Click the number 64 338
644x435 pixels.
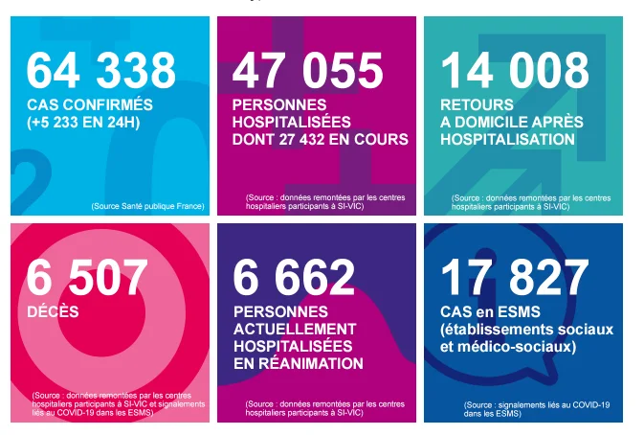[x=101, y=71]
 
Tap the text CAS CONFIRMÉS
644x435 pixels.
[x=90, y=104]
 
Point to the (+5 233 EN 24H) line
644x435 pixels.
[x=83, y=123]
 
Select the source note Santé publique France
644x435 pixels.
[x=148, y=206]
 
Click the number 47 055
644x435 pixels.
[x=307, y=71]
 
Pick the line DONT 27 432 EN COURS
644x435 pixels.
[x=321, y=139]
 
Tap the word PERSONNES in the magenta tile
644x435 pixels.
[x=279, y=104]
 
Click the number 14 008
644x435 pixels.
[x=515, y=71]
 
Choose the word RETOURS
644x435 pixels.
[x=477, y=104]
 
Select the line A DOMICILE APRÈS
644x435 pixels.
[x=512, y=122]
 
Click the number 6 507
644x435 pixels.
[x=87, y=278]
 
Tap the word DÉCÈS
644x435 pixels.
[x=53, y=311]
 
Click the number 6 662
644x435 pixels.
[x=294, y=278]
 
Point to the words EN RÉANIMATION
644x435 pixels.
[x=299, y=363]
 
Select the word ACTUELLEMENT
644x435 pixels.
[x=295, y=329]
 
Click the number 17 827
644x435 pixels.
[x=515, y=278]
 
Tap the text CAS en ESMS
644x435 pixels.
[x=490, y=312]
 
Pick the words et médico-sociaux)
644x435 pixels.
[x=508, y=347]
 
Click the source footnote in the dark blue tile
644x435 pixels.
[x=537, y=409]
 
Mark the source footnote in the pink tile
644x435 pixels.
[x=119, y=403]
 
